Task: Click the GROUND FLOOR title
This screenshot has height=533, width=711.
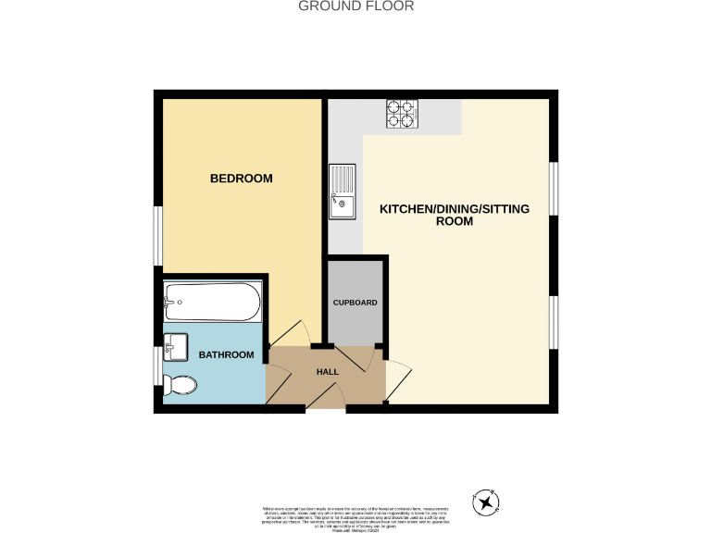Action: (x=355, y=6)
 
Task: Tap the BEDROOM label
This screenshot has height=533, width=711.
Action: (x=241, y=179)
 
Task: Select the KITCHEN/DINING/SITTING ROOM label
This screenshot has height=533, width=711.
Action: (x=455, y=216)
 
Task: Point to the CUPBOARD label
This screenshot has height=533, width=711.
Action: (x=355, y=303)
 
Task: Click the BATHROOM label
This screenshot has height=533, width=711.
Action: (x=227, y=355)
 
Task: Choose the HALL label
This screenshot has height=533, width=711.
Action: (x=328, y=372)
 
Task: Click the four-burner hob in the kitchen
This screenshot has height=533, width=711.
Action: (x=401, y=113)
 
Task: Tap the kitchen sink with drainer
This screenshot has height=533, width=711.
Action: (x=342, y=192)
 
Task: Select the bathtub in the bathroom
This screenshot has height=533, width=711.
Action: (x=212, y=302)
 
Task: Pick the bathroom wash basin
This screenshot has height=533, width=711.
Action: (x=175, y=347)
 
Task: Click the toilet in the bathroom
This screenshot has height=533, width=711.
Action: (x=179, y=386)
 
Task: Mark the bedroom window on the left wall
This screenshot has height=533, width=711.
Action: (x=158, y=236)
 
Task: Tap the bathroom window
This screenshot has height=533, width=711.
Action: (x=158, y=365)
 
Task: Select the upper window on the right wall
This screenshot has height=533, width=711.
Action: (x=553, y=190)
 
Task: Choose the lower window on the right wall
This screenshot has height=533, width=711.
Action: (x=553, y=323)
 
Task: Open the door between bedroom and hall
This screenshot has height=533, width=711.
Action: (x=286, y=335)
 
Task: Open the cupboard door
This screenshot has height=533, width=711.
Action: (x=355, y=357)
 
